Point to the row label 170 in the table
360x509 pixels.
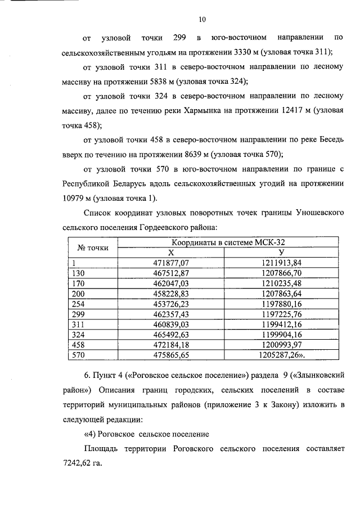75,283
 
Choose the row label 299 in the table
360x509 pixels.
75,314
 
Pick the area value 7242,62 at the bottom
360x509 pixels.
77,465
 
